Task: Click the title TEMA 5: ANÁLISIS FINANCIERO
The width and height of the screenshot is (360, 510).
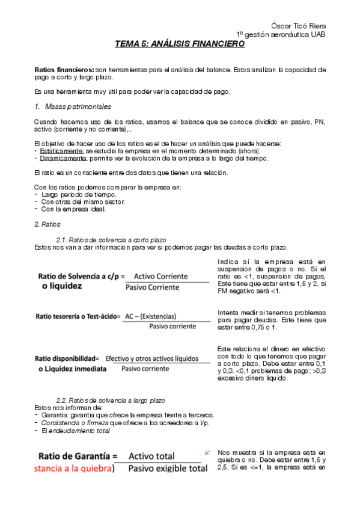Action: pyautogui.click(x=180, y=44)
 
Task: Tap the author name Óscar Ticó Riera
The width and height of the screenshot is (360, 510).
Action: pyautogui.click(x=299, y=25)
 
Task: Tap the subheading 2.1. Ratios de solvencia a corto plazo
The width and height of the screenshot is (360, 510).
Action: pyautogui.click(x=111, y=240)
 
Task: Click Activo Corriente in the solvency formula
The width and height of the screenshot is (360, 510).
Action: pyautogui.click(x=160, y=276)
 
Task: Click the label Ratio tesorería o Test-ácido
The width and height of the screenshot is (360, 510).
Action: pyautogui.click(x=78, y=316)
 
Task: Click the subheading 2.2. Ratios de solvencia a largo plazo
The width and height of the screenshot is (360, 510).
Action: pyautogui.click(x=110, y=400)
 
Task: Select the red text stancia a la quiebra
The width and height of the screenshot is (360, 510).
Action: pyautogui.click(x=75, y=469)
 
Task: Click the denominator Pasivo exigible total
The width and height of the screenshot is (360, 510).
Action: pyautogui.click(x=168, y=469)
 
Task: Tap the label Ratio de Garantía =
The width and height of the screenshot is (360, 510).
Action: pyautogui.click(x=78, y=456)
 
